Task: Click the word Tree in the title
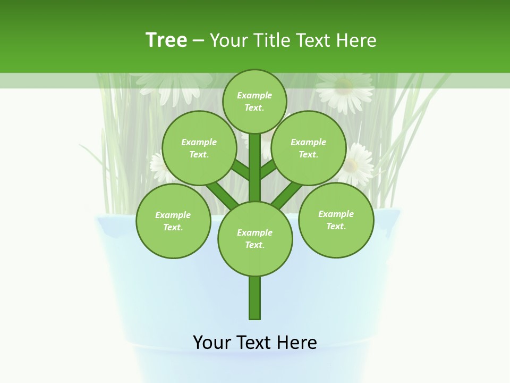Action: pyautogui.click(x=166, y=40)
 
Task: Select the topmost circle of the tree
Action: pyautogui.click(x=254, y=101)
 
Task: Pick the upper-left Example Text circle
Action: pyautogui.click(x=199, y=148)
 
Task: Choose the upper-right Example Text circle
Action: pyautogui.click(x=309, y=148)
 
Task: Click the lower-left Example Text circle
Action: pyautogui.click(x=173, y=221)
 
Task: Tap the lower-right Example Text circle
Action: pyautogui.click(x=336, y=220)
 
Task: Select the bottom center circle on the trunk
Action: pyautogui.click(x=255, y=238)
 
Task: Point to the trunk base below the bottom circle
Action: pyautogui.click(x=255, y=298)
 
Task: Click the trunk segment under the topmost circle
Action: pyautogui.click(x=255, y=165)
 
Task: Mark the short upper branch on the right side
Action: pyautogui.click(x=268, y=169)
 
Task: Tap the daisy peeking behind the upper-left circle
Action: pyautogui.click(x=157, y=165)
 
